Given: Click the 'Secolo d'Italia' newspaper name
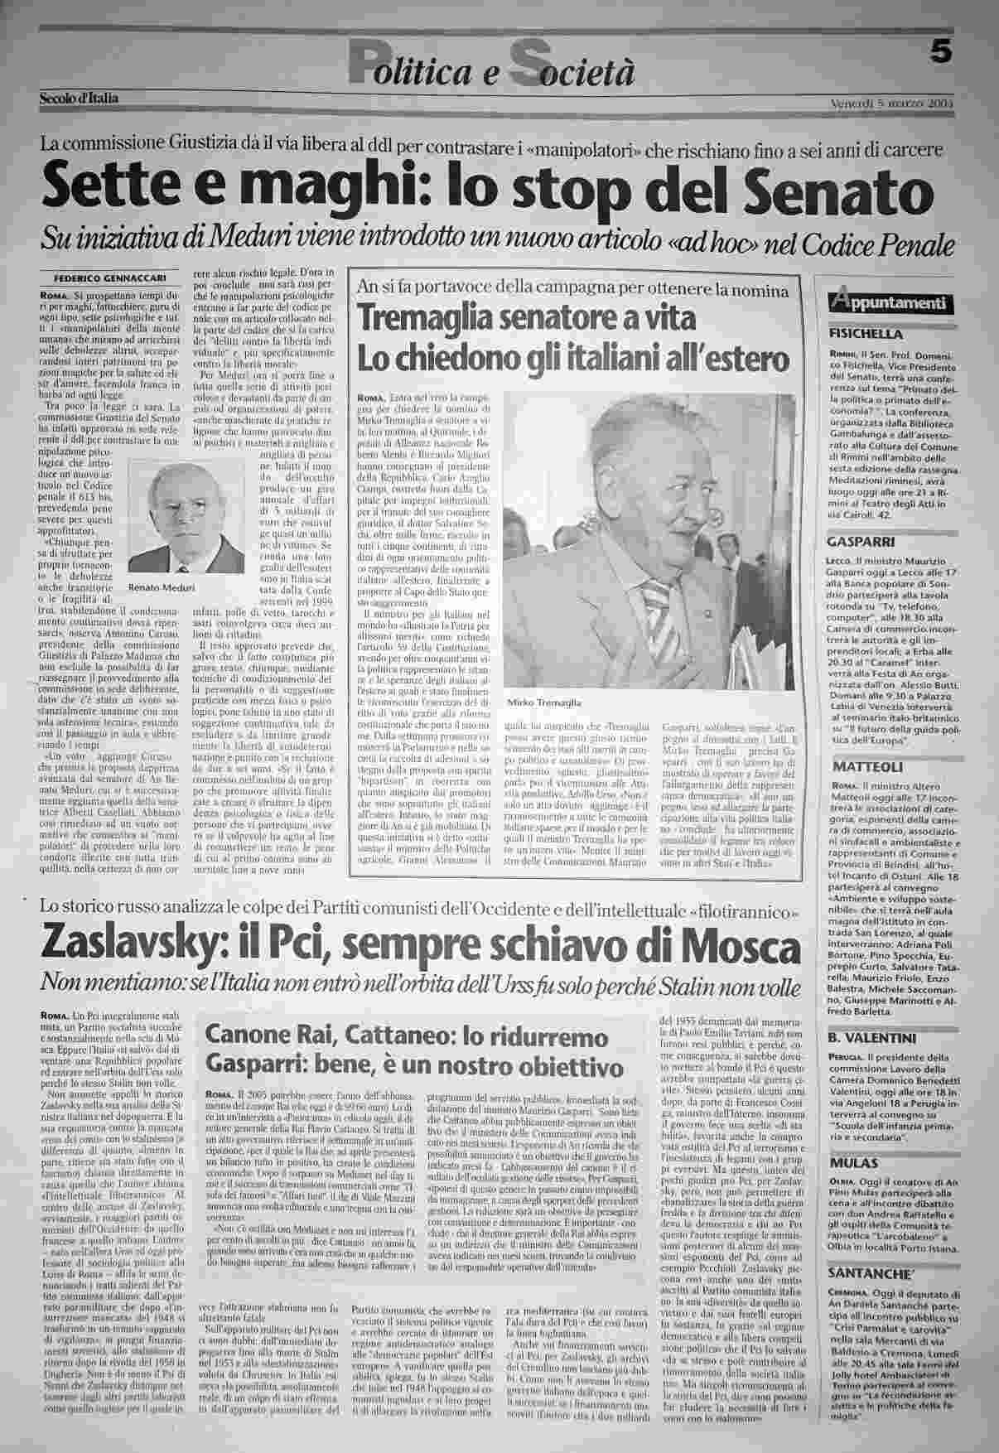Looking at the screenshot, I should click(x=79, y=99).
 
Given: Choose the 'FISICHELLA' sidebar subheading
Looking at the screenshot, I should click(x=865, y=334).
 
